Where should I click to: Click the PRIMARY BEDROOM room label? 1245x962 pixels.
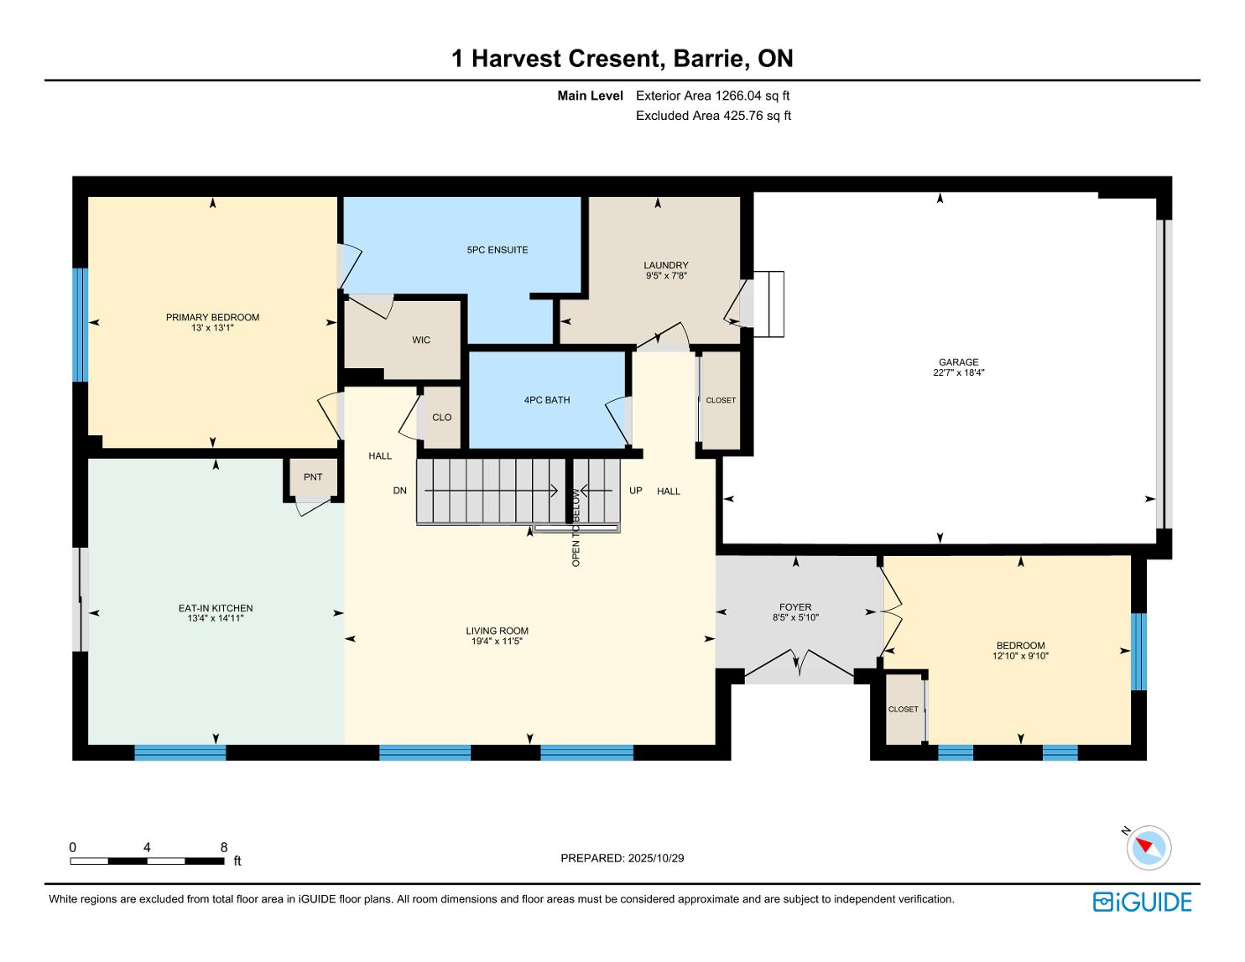coord(212,317)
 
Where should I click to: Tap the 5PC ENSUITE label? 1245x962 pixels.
coord(497,250)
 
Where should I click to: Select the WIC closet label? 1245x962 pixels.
coord(421,341)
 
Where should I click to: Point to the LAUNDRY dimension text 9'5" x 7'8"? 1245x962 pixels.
coord(666,275)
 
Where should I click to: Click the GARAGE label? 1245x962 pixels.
coord(959,361)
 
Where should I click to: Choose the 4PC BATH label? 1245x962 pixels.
coord(547,400)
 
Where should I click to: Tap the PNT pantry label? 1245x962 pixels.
coord(313,477)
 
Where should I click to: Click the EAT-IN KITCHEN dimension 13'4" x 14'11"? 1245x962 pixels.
coord(216,618)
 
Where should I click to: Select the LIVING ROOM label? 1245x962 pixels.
coord(497,631)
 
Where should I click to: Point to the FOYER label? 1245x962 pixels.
coord(795,607)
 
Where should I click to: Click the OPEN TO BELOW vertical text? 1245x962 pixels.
coord(576,528)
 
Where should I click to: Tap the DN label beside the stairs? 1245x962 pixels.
coord(399,491)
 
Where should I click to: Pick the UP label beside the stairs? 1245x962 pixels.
coord(635,491)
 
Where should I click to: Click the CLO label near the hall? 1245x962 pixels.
coord(442,418)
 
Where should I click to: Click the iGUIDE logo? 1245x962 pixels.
coord(1143,902)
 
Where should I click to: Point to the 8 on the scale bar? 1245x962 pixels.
coord(223,847)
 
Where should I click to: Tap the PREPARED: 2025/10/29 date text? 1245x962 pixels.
coord(622,858)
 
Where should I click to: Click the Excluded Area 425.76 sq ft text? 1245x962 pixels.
coord(713,116)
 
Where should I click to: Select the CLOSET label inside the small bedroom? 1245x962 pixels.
coord(903,710)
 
